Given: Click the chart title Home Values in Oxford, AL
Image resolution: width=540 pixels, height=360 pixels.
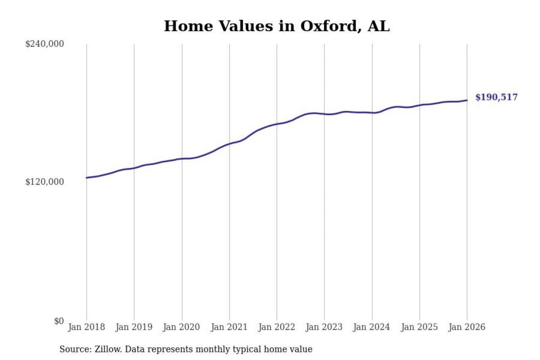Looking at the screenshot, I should click(276, 26).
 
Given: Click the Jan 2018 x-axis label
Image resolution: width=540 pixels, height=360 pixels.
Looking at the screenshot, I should click(86, 328).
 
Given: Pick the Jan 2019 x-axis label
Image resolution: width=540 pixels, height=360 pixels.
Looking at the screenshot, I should click(134, 328).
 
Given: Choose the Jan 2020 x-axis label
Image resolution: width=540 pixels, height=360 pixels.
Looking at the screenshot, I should click(182, 328).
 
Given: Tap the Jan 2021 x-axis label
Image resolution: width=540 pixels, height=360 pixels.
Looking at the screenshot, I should click(229, 328).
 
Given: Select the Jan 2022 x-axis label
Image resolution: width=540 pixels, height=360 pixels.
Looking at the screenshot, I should click(277, 328).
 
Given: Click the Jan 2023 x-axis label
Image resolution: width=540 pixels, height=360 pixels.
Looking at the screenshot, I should click(324, 328).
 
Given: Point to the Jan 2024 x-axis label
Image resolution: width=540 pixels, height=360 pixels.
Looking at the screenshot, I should click(372, 328).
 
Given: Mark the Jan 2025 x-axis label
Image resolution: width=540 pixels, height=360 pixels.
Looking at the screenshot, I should click(419, 328).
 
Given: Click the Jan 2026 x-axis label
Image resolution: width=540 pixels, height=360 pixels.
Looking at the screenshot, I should click(467, 328).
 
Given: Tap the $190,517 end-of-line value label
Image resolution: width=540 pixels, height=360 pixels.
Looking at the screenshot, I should click(496, 97).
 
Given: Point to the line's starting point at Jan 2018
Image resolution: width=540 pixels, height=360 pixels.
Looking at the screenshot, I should click(86, 178).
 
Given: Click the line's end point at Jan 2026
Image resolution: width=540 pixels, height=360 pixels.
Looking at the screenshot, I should click(467, 100).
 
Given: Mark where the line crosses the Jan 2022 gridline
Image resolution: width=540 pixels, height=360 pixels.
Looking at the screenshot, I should click(277, 124).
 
